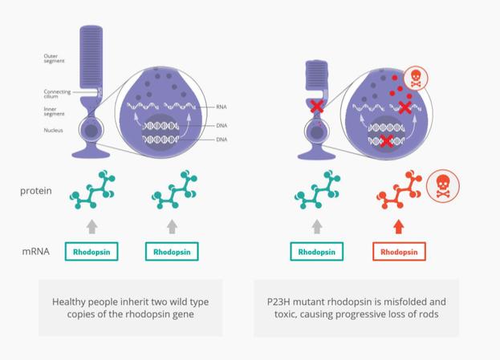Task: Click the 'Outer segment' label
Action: (x=54, y=59)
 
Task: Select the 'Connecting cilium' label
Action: (x=57, y=94)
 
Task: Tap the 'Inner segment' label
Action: (x=54, y=111)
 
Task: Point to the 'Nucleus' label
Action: (x=53, y=130)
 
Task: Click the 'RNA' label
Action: (x=222, y=107)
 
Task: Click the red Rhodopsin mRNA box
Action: (x=399, y=252)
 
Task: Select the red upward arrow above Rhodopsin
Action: (x=399, y=227)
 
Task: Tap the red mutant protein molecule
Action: (x=399, y=189)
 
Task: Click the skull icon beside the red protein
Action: (x=442, y=186)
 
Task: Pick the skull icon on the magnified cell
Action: (x=416, y=79)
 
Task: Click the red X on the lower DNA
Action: (x=386, y=141)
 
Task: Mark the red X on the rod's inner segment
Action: (x=317, y=106)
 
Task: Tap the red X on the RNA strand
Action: (x=404, y=107)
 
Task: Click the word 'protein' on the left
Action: (x=35, y=191)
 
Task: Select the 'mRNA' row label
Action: (x=35, y=252)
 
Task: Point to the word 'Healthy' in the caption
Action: (x=68, y=302)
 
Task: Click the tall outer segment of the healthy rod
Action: (x=91, y=57)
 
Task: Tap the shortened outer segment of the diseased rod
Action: (x=317, y=75)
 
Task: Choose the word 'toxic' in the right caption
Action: (x=285, y=314)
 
